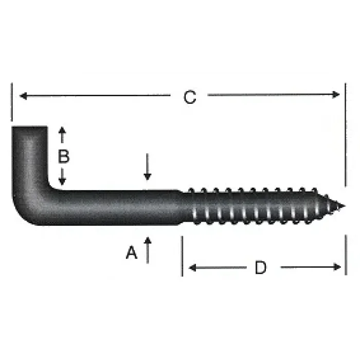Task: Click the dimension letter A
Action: tap(132, 253)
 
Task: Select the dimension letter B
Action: tap(63, 156)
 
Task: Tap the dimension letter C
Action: tap(190, 97)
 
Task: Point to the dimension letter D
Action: tap(261, 267)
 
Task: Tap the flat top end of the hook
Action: tap(29, 127)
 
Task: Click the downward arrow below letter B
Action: tap(62, 181)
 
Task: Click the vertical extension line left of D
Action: tap(182, 256)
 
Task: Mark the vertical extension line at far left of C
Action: tap(11, 103)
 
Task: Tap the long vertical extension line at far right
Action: tap(346, 134)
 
